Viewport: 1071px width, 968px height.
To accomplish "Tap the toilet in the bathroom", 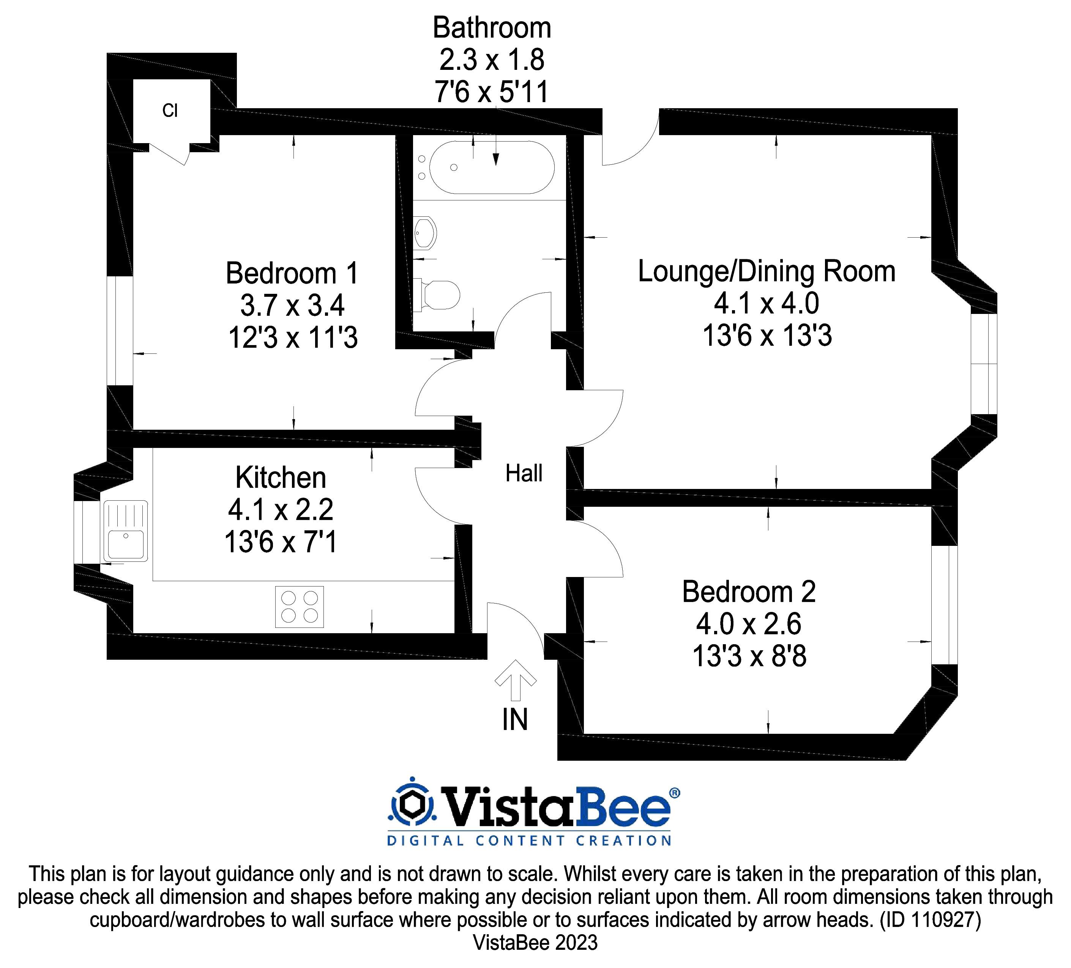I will (440, 294).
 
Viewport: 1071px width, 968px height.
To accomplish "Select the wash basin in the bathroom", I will (425, 233).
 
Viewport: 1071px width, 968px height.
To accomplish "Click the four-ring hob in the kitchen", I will (299, 607).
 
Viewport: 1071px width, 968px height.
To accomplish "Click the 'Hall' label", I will (524, 473).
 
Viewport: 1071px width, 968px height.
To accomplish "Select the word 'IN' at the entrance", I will (515, 720).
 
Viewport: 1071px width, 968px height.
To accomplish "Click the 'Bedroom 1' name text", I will (292, 273).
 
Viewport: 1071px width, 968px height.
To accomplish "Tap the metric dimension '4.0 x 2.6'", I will (749, 624).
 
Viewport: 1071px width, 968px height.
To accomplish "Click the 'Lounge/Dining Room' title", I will (766, 271).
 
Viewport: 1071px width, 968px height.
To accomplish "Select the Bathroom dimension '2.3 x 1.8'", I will (491, 60).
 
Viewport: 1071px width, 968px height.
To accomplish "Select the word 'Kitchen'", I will (281, 478).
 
